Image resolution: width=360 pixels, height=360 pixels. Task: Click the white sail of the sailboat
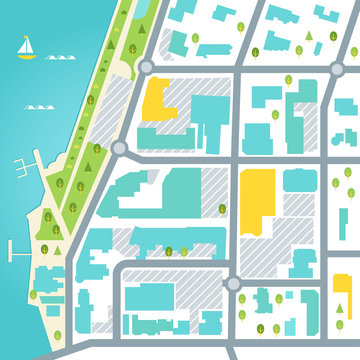click(x=26, y=45)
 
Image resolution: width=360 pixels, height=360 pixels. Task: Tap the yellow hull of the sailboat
click(x=27, y=56)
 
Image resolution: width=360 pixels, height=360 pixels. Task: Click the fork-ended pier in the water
click(x=30, y=163)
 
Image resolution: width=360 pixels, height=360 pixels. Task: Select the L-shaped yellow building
click(x=159, y=99)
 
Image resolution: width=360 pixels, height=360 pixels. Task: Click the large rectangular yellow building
click(x=258, y=201)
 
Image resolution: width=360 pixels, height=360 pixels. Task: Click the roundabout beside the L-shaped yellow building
click(x=146, y=67)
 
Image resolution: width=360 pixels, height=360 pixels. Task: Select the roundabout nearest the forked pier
click(x=121, y=148)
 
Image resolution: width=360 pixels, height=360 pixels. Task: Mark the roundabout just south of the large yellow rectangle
click(x=235, y=283)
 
